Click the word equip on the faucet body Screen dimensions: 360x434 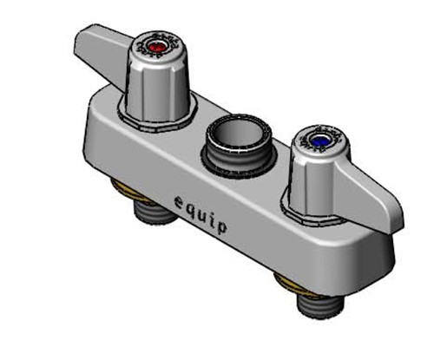(x=201, y=215)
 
